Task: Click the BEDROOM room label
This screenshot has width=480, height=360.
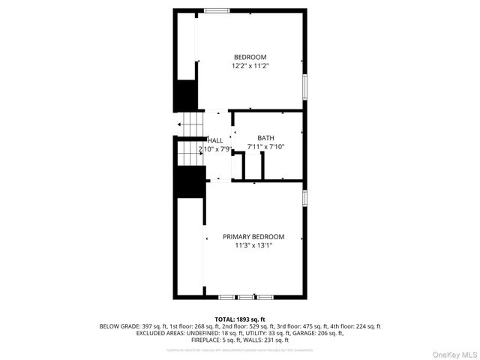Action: click(x=250, y=57)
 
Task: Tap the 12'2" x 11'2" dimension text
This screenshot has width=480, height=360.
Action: click(x=250, y=66)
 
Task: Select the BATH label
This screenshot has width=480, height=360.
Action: click(x=265, y=138)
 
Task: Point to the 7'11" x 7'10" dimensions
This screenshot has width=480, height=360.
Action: click(x=265, y=147)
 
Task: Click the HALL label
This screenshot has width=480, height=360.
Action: click(x=215, y=140)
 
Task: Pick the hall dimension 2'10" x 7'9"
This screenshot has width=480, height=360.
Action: click(x=216, y=149)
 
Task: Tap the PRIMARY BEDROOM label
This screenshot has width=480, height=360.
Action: click(x=253, y=236)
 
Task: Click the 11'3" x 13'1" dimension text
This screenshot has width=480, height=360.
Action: click(x=253, y=245)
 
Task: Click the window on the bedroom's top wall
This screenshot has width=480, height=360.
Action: click(x=217, y=10)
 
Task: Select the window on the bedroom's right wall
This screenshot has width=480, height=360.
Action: click(x=304, y=85)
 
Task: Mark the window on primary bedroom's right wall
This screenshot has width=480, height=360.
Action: click(x=304, y=197)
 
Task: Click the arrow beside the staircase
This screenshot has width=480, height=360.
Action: click(x=180, y=124)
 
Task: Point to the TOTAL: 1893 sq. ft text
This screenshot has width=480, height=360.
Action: click(x=240, y=319)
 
